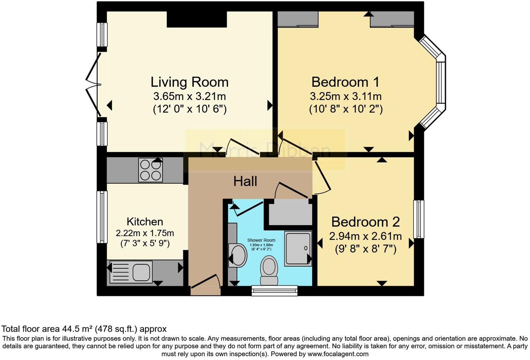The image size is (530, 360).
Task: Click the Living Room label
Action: pyautogui.click(x=189, y=82)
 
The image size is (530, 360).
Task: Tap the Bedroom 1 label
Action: pyautogui.click(x=345, y=82)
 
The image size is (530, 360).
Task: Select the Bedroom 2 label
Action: pyautogui.click(x=365, y=222)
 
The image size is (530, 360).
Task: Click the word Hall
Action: pyautogui.click(x=245, y=181)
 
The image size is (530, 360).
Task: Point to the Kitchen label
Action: pyautogui.click(x=145, y=222)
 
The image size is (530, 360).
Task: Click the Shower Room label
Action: pyautogui.click(x=261, y=240)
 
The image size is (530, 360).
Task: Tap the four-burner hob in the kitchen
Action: pyautogui.click(x=151, y=170)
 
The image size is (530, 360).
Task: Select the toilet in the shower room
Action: pyautogui.click(x=269, y=270)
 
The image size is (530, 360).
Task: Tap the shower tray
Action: pyautogui.click(x=298, y=248)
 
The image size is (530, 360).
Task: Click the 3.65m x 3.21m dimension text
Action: pyautogui.click(x=189, y=96)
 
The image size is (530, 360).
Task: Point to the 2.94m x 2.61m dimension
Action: pyautogui.click(x=365, y=237)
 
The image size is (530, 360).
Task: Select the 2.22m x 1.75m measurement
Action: pyautogui.click(x=145, y=233)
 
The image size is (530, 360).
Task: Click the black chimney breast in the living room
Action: pyautogui.click(x=197, y=19)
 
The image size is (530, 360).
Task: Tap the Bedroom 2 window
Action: pyautogui.click(x=419, y=219)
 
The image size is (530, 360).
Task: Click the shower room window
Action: pyautogui.click(x=275, y=290)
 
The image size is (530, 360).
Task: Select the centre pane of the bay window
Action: pyautogui.click(x=441, y=83)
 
